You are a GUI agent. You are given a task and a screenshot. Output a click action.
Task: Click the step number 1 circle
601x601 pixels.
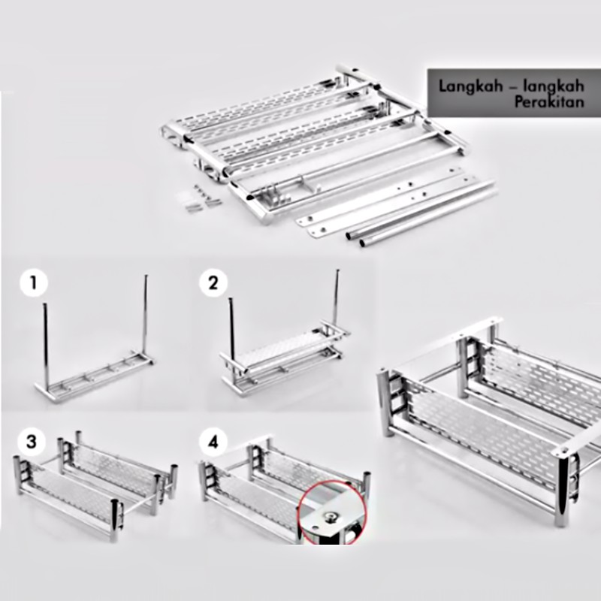point(34,283)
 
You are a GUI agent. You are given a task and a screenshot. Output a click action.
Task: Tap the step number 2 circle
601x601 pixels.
point(213,283)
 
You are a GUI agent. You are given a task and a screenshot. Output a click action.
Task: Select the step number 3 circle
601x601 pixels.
point(32,442)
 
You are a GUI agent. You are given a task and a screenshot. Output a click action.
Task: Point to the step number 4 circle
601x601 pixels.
point(213,442)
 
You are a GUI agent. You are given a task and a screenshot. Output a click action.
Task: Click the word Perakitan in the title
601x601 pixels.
point(549,102)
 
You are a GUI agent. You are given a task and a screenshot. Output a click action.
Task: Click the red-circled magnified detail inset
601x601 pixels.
point(332,512)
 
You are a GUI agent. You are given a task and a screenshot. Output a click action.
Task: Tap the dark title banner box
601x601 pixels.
point(514,93)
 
